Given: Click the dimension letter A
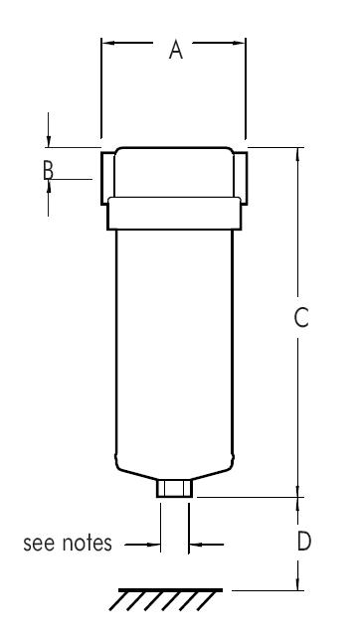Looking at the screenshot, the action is pos(176,50).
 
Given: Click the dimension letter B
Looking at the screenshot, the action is pos(48,170).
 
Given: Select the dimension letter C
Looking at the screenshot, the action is pos(301,317).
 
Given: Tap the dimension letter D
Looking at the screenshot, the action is pos(304,541).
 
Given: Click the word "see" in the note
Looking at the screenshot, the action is pos(39,544).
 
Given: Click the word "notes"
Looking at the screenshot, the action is pos(87,543).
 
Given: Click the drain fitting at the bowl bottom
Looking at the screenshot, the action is pos(175,488).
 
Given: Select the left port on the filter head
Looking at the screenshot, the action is pos(107,178).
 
